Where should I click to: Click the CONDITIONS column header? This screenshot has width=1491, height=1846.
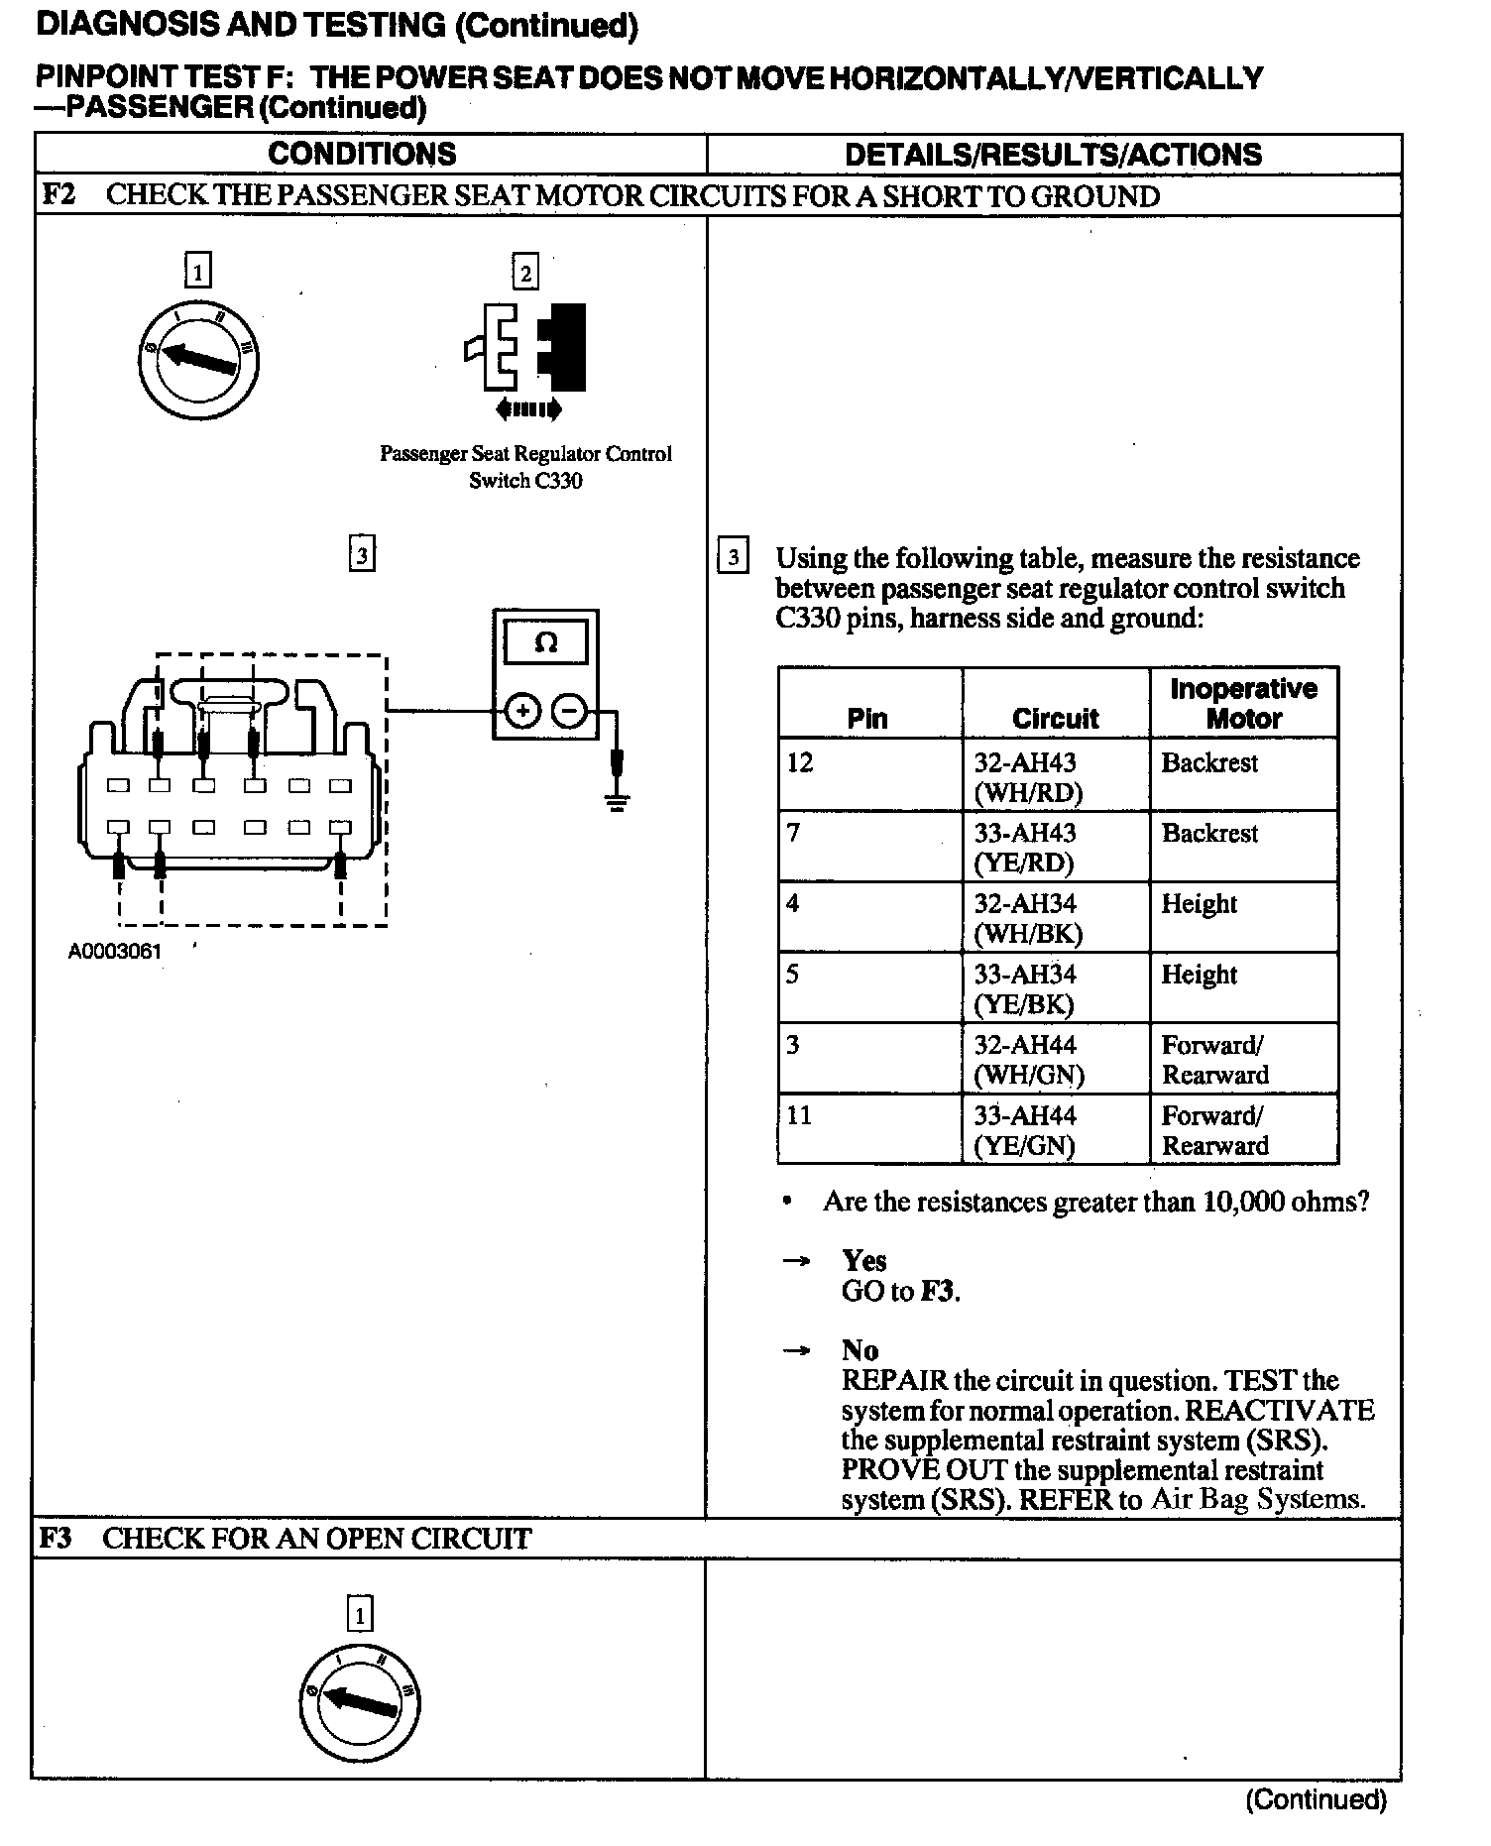[362, 154]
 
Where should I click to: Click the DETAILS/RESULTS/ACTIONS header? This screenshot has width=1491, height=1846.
[1053, 155]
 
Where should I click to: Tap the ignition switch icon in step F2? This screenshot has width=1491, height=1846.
[198, 358]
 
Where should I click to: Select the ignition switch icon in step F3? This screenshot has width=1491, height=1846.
[359, 1702]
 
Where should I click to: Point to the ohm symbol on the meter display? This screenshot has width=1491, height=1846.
[545, 642]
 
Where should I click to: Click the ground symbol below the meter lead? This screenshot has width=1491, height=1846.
[617, 801]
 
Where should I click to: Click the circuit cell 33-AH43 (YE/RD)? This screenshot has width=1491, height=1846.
[1055, 847]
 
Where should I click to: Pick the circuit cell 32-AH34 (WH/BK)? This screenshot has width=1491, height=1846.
[1055, 918]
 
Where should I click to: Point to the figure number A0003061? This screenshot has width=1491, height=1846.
[115, 952]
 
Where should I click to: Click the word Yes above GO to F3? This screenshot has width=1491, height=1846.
[863, 1260]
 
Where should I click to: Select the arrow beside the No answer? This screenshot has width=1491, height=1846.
[796, 1350]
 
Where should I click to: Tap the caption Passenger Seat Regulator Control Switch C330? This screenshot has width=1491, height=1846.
[525, 467]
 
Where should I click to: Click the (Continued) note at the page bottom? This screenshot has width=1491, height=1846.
[1316, 1798]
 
